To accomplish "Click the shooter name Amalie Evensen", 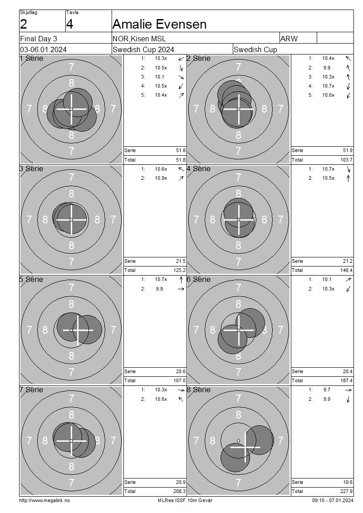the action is pos(160,24).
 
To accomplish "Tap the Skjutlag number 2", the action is pos(24,24).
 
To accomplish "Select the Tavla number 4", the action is pos(70,24).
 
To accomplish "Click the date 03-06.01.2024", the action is pos(43,49).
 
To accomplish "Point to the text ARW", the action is pos(289,39).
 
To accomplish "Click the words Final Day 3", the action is pos(39,39).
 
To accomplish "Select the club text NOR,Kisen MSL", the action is pos(139,39).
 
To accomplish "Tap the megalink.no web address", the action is pos(44,500).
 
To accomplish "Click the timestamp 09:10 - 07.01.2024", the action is pos(333,500).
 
